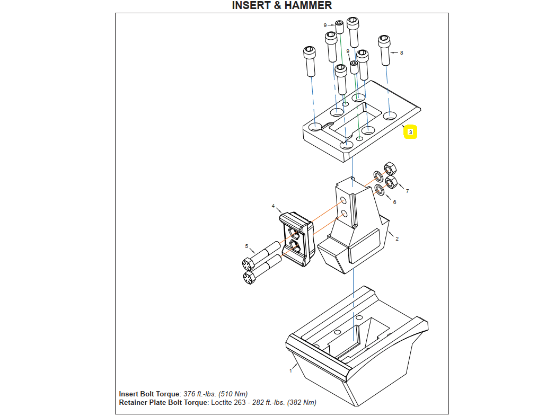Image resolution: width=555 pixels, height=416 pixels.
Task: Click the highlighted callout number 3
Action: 410,132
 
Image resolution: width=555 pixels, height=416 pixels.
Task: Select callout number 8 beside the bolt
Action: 401,53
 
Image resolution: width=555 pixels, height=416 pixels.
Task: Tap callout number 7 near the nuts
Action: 407,191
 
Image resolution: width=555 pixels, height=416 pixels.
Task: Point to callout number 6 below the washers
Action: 394,202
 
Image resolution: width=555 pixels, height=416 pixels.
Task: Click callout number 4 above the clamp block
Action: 274,206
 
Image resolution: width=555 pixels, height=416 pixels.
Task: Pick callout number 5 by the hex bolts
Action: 246,246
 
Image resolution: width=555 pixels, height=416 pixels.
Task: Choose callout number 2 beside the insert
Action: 397,238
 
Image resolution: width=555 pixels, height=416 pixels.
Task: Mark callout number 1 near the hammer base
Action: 290,371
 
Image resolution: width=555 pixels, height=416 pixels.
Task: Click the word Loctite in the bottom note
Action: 223,403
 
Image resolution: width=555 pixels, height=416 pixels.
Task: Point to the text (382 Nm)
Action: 302,403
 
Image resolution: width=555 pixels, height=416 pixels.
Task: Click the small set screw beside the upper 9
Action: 339,26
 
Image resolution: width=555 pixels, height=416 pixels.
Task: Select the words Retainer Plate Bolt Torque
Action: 163,403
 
